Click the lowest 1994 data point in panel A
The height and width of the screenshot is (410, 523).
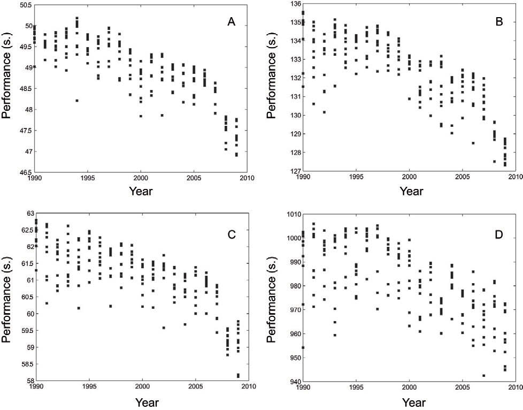pos(77,101)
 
